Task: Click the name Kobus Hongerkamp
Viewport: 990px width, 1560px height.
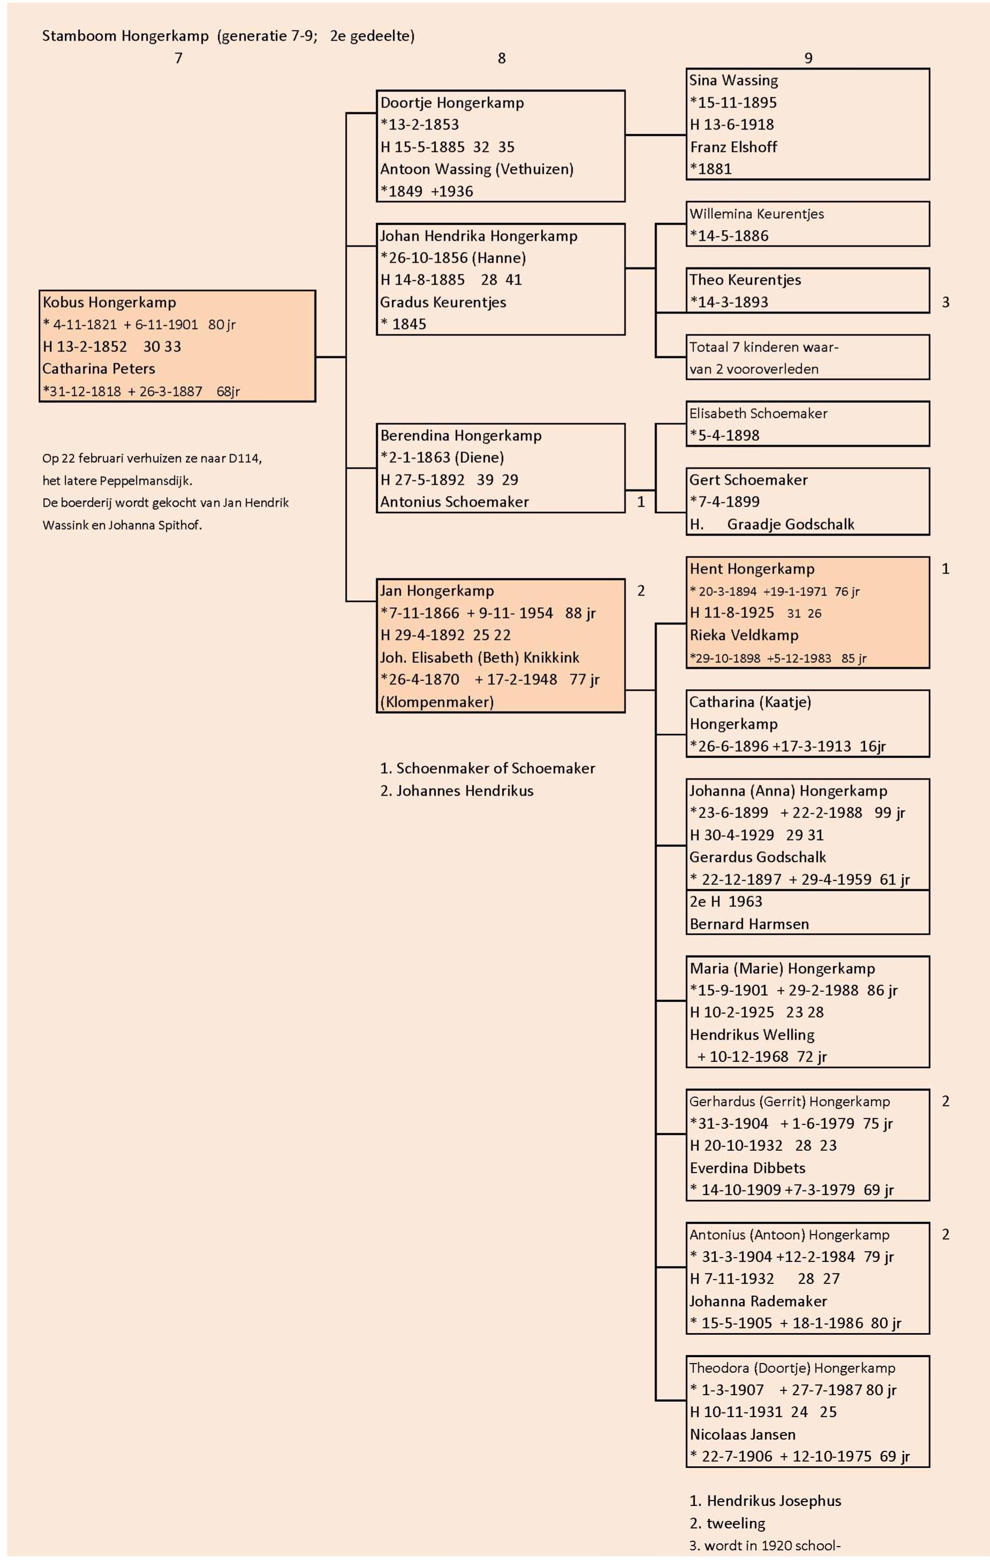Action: click(x=109, y=303)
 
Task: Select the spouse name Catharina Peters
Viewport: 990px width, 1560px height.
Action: click(x=98, y=369)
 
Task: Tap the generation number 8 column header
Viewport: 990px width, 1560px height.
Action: click(x=501, y=58)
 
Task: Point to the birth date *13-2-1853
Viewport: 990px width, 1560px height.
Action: click(x=420, y=125)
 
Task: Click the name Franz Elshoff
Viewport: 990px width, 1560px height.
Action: click(x=734, y=147)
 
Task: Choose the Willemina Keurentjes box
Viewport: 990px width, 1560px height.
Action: click(x=808, y=224)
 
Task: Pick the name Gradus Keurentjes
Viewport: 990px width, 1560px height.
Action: click(x=443, y=302)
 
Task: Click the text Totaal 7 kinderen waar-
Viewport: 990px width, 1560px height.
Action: click(x=764, y=347)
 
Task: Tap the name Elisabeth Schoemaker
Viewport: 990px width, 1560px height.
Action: click(x=758, y=414)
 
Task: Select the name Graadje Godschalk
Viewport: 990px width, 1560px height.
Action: click(x=790, y=524)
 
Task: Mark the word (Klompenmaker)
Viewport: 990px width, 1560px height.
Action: click(x=437, y=701)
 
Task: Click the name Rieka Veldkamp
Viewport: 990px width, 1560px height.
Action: click(x=744, y=635)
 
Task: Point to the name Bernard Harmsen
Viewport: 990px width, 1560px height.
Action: click(x=749, y=924)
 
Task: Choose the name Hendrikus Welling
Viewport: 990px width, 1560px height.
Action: click(x=751, y=1035)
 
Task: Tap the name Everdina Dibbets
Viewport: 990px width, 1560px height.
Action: click(x=747, y=1168)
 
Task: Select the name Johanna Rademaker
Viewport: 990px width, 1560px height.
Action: click(x=758, y=1301)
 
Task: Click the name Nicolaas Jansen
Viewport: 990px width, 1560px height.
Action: click(x=743, y=1434)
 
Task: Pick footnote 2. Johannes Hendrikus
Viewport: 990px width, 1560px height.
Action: click(x=457, y=791)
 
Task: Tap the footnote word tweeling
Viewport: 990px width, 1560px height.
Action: click(x=736, y=1523)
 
